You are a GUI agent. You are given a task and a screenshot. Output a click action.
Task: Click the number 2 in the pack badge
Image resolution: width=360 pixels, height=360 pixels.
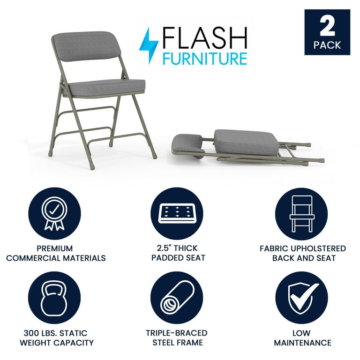tap(327, 27)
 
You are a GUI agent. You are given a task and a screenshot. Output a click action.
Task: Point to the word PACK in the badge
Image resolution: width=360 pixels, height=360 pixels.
tap(327, 45)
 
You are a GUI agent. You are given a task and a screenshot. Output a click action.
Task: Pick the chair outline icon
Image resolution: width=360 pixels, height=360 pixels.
tap(301, 214)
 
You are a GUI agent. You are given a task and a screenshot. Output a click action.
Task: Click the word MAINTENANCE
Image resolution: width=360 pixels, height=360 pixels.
tap(302, 343)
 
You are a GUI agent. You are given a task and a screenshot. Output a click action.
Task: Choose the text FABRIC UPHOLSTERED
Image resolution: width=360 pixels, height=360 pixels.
tap(302, 248)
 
